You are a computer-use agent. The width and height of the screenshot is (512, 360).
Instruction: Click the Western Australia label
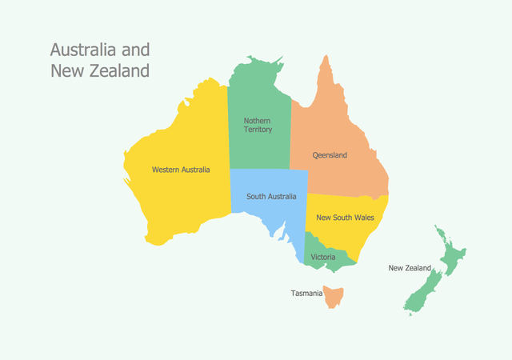(181, 170)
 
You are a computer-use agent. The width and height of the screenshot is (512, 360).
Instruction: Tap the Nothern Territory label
(258, 125)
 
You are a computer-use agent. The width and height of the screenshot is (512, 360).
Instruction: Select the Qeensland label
(330, 155)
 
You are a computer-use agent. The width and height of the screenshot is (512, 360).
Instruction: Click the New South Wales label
(346, 217)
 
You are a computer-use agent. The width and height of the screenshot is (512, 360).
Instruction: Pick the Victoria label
(323, 257)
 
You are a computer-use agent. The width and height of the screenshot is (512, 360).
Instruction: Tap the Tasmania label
(306, 294)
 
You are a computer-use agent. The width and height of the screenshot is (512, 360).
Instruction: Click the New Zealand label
(410, 268)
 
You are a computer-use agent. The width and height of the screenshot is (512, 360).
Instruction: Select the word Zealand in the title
(119, 70)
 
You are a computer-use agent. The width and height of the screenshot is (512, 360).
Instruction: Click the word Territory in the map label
(258, 130)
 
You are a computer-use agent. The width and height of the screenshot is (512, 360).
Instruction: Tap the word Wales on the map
(363, 217)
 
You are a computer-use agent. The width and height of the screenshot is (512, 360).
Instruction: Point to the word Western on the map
(166, 170)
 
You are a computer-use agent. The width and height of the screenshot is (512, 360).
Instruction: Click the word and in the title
(135, 50)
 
